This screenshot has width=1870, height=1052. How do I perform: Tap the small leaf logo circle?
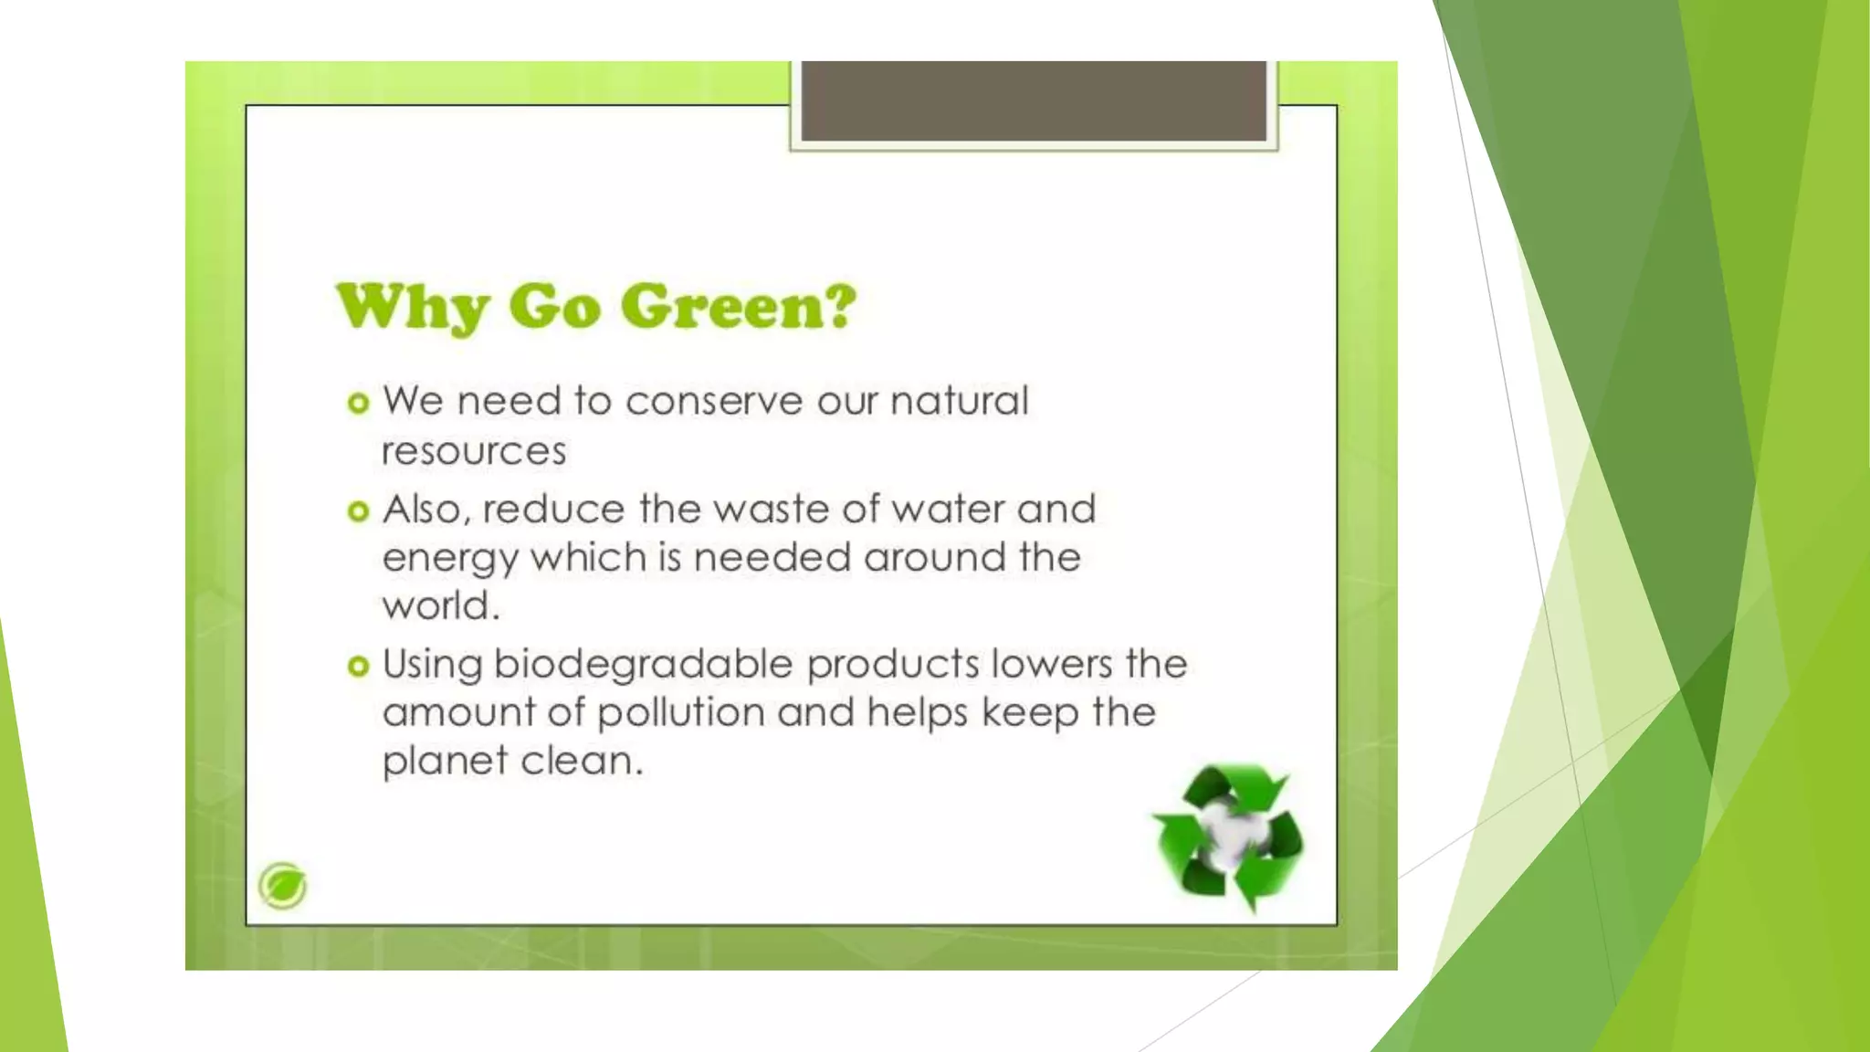tap(282, 885)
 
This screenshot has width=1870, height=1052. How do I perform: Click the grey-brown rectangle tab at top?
tap(1034, 101)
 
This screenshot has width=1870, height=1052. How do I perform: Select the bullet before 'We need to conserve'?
tap(358, 403)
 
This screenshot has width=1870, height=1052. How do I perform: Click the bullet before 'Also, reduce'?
tap(358, 511)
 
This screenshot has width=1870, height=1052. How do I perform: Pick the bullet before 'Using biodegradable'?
tap(358, 666)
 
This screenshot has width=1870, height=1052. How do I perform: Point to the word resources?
tap(474, 451)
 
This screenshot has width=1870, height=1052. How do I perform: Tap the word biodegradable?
tap(644, 665)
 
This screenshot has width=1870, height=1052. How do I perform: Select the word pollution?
tap(681, 713)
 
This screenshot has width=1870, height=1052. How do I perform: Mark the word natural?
tap(959, 402)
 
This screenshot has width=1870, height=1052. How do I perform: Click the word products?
tap(892, 665)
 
